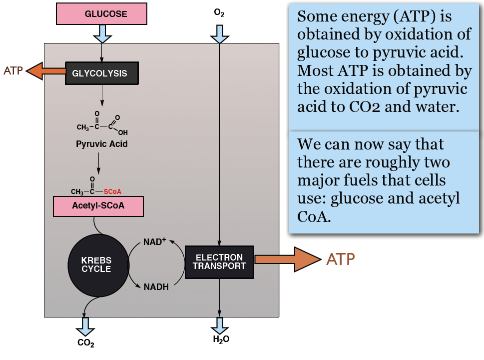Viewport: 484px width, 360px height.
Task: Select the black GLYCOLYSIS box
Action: point(102,73)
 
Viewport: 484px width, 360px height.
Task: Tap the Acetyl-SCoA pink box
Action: point(98,206)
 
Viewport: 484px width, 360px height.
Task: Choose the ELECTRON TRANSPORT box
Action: point(219,262)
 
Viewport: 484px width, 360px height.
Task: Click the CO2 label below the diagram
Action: point(85,343)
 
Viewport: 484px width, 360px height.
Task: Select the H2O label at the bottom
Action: point(221,339)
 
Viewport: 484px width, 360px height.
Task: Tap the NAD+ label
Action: point(154,242)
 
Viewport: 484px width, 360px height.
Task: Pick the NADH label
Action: point(156,287)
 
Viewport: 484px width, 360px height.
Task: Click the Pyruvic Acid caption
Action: point(102,144)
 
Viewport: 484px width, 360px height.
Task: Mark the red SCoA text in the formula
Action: point(112,191)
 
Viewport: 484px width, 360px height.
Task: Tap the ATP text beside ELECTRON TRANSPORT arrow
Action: point(341,259)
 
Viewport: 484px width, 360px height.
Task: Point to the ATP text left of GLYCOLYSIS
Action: point(13,70)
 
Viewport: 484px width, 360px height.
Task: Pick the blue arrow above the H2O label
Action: point(219,325)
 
